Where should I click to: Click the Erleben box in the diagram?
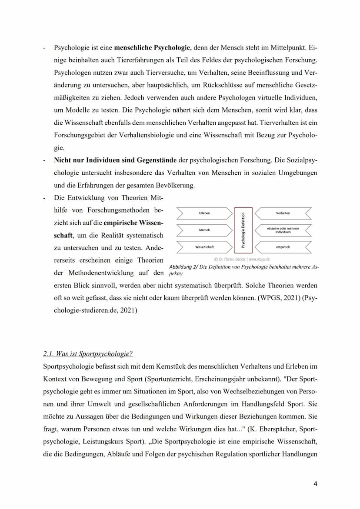pos(204,213)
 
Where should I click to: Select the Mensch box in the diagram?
pos(204,230)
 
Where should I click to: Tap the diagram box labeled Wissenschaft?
pos(204,247)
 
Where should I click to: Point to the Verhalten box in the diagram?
pos(283,213)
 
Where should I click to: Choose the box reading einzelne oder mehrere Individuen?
pos(283,230)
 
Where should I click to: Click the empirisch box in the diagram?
pos(283,247)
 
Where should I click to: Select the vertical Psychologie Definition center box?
pos(243,230)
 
